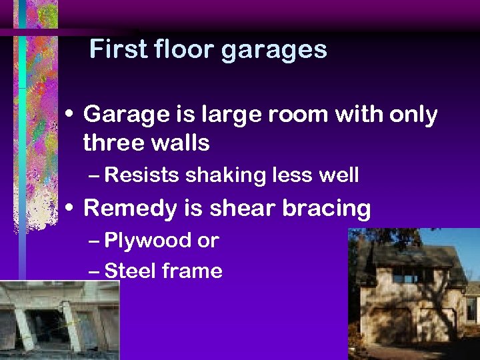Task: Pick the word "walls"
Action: pos(180,142)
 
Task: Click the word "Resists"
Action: pos(142,175)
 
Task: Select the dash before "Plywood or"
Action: pos(94,241)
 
